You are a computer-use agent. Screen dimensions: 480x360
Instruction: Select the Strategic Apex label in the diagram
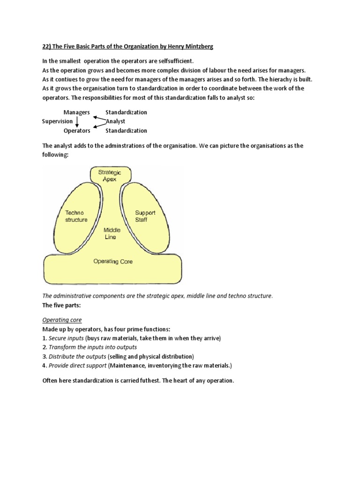point(109,176)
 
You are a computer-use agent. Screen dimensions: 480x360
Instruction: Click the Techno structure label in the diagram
point(76,216)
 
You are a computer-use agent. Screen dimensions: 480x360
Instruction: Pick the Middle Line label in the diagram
point(112,233)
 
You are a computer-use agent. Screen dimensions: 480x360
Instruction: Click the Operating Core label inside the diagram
point(113,261)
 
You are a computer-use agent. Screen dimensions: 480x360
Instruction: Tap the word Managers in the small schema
point(76,112)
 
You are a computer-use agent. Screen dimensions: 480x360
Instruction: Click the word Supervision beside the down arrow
point(57,121)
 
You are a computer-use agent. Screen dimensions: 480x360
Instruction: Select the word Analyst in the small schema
point(115,121)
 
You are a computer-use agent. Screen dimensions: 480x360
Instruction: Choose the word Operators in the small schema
point(76,131)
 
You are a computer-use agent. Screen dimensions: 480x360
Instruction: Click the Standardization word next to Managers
point(126,112)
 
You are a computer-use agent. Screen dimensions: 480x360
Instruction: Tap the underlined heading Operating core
point(62,320)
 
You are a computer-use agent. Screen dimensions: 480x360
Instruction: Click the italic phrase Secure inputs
point(67,338)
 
